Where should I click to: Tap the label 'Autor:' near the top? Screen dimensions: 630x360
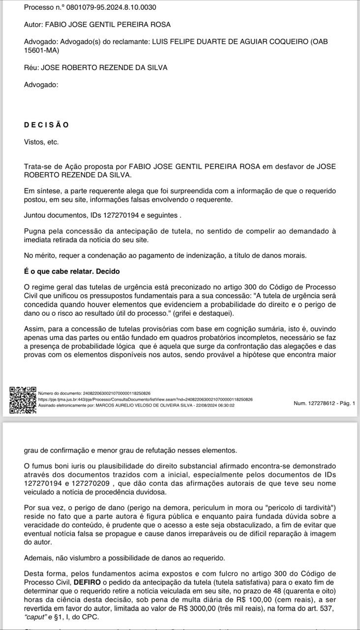coord(33,24)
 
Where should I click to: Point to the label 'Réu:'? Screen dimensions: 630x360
coord(31,67)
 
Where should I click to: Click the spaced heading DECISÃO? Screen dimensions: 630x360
coord(46,125)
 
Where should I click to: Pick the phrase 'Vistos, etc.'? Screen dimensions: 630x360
coord(41,142)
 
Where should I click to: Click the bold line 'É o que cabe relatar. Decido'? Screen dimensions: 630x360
coord(72,272)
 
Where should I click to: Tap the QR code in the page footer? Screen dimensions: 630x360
coord(23,400)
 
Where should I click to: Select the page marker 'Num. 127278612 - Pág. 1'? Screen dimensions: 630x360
coord(324,403)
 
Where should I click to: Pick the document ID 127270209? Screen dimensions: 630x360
coord(99,484)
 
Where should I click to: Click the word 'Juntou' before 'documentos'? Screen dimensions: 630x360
coord(35,215)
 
